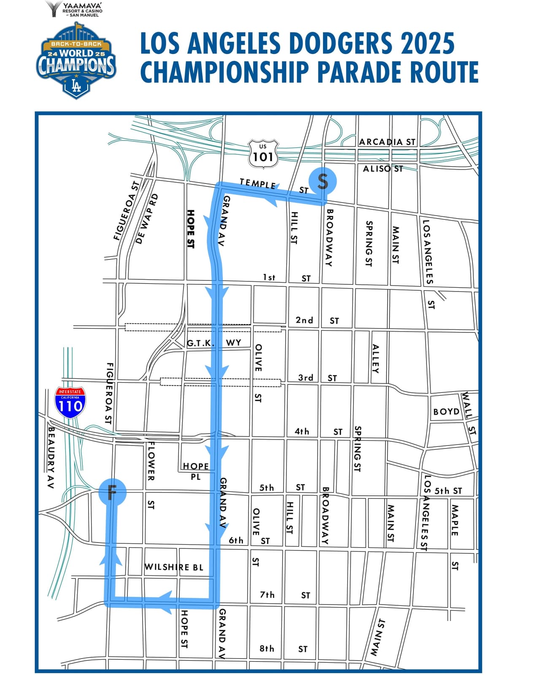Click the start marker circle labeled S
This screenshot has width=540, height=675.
(323, 181)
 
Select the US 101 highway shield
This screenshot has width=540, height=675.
(263, 154)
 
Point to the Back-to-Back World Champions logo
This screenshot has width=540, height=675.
(76, 61)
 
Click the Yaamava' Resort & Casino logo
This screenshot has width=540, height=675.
(75, 9)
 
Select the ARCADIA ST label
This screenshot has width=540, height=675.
(387, 142)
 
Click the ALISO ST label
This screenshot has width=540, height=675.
(383, 169)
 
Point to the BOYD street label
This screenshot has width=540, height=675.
(446, 411)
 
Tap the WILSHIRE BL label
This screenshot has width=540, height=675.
(174, 567)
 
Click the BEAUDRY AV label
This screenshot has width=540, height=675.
(51, 458)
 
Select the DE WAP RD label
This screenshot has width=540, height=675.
(147, 219)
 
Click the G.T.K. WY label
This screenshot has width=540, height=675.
(214, 343)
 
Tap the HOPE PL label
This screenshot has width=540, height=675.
(196, 471)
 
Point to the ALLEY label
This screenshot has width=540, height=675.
(375, 359)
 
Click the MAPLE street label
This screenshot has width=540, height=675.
(455, 520)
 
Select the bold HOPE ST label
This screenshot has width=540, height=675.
(191, 229)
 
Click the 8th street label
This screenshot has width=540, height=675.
(267, 648)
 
